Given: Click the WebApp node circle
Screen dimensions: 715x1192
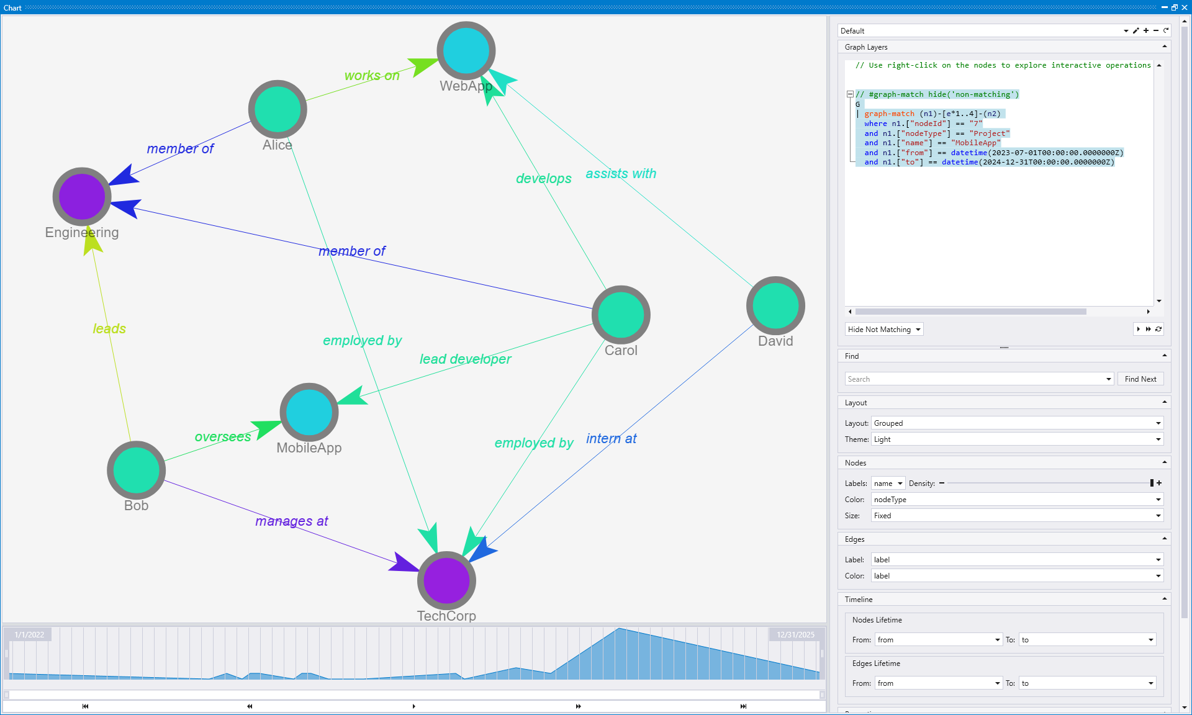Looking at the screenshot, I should [466, 51].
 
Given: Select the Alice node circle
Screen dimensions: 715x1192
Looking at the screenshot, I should [278, 109].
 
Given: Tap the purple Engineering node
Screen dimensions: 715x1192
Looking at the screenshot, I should [82, 197].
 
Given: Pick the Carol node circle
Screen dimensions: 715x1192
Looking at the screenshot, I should [621, 315].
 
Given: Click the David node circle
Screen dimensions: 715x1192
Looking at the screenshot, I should [775, 305].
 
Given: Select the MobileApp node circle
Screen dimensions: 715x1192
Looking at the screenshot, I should [309, 412].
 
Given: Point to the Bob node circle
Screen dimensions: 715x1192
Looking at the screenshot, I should [136, 470].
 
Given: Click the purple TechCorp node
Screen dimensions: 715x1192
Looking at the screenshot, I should [446, 580].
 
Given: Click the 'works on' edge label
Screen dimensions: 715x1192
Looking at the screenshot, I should [372, 76].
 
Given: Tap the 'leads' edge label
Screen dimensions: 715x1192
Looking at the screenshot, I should [109, 328].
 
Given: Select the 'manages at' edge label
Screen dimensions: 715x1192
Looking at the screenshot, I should [291, 521].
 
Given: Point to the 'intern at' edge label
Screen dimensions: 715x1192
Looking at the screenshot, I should [612, 439].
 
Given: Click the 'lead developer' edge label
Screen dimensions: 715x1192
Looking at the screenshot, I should [465, 359].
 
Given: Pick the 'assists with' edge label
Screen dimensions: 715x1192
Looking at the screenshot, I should [621, 174].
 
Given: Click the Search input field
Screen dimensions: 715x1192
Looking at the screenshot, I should [975, 379].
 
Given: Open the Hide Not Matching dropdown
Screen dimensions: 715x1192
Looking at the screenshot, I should [884, 330].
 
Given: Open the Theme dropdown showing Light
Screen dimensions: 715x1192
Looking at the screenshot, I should [1016, 439].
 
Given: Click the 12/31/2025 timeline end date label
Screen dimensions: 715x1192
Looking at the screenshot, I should [795, 634].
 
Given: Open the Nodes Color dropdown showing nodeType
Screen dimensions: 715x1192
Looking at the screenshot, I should [1016, 500].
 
